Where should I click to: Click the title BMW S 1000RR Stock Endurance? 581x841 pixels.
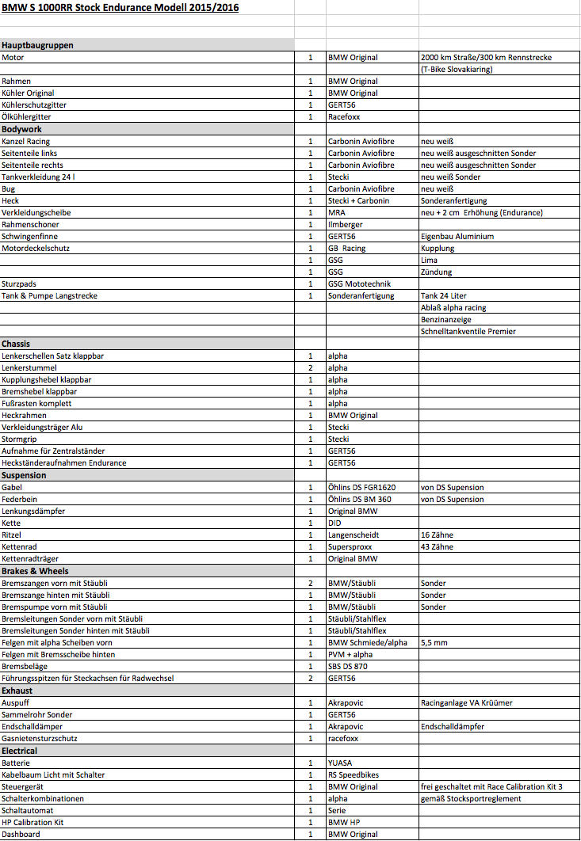pos(120,8)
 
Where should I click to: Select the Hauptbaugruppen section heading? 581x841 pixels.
pos(37,45)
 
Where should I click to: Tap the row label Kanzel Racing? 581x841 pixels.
pos(26,141)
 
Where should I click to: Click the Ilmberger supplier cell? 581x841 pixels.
pos(346,225)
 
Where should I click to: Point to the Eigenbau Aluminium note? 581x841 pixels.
pos(457,237)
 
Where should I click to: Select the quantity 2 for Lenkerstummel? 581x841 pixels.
pos(310,368)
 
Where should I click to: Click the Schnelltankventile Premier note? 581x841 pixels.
pos(468,332)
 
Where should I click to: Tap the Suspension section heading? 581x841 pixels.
pos(24,475)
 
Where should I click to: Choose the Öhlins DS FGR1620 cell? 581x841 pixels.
pos(361,488)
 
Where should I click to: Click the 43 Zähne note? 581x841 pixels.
pos(437,547)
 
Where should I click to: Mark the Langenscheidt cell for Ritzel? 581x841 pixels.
pos(354,535)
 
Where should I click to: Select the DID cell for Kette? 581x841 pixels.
pos(334,523)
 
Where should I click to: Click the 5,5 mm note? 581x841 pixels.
pos(434,643)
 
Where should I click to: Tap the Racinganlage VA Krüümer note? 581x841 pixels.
pos(467,703)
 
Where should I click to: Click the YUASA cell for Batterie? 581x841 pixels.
pos(341,763)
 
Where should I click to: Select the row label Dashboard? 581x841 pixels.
pos(21,835)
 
